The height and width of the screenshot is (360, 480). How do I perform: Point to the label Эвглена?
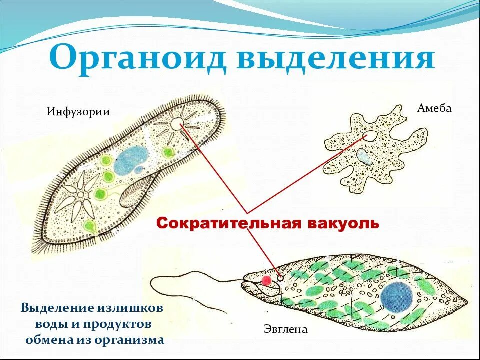(x=285, y=329)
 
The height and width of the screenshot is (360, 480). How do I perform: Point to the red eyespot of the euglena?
(x=267, y=280)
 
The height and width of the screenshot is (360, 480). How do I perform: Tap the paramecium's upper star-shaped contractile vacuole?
(x=176, y=122)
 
